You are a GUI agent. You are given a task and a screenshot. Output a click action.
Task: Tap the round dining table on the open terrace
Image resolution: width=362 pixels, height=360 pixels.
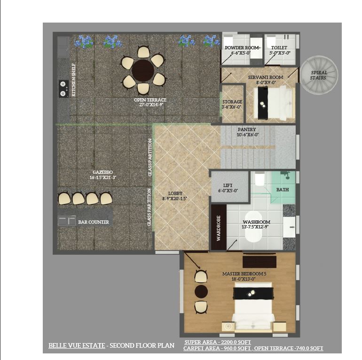tap(142, 71)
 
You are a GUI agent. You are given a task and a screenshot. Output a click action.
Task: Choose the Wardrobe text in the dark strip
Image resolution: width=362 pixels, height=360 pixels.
tap(218, 228)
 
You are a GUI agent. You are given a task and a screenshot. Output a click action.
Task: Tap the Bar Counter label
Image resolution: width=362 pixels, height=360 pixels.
tap(94, 222)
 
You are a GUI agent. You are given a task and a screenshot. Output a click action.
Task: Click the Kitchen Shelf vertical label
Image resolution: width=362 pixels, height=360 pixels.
tap(74, 80)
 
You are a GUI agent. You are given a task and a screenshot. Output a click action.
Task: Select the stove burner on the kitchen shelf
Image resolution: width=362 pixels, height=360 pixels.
tap(63, 89)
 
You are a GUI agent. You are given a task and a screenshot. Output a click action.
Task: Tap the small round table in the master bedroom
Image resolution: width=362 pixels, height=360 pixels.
tap(201, 291)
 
